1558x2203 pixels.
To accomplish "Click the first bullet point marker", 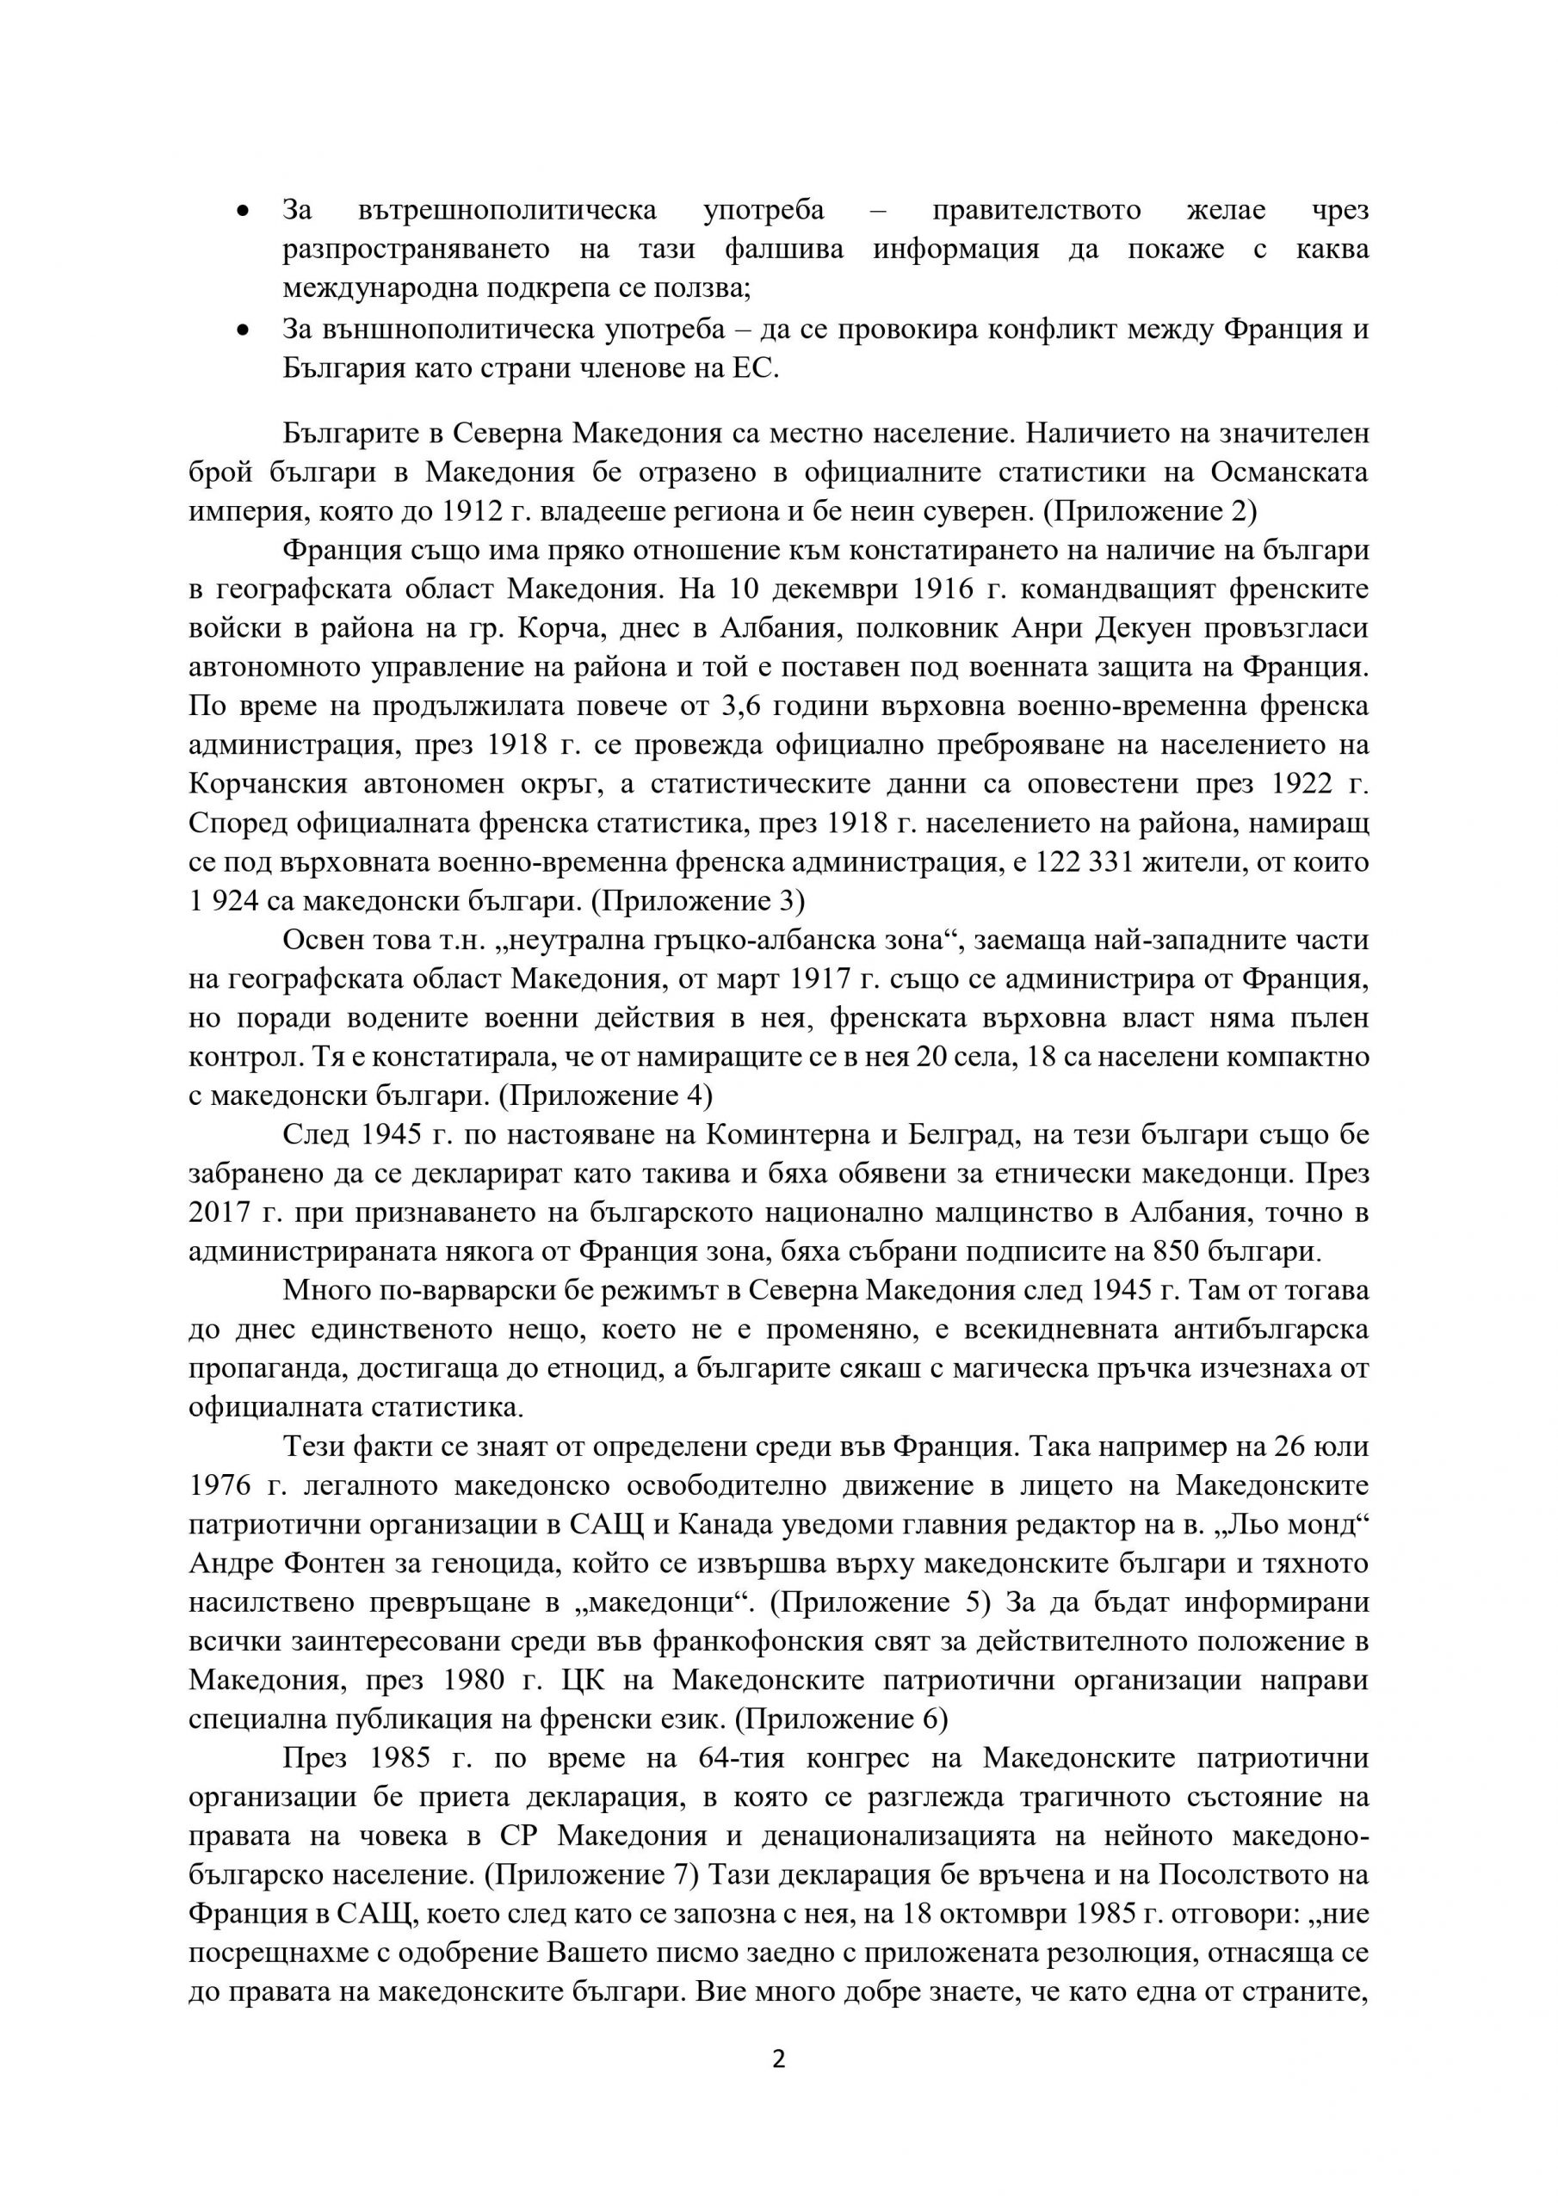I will coord(243,210).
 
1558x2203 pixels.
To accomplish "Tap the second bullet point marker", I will coord(243,330).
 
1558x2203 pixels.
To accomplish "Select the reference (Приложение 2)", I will coord(1150,511).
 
